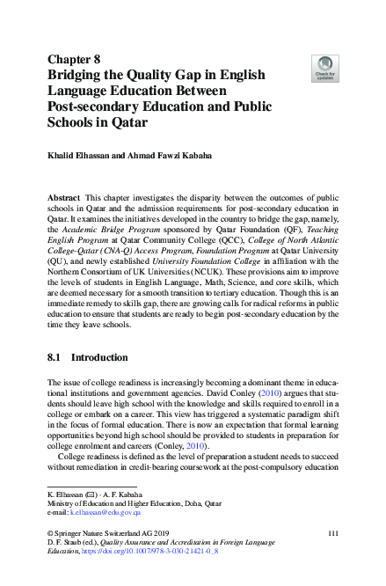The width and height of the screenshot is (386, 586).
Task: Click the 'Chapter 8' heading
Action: (76, 59)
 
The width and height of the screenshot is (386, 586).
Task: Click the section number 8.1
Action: (54, 358)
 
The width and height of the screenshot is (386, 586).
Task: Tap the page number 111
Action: (332, 535)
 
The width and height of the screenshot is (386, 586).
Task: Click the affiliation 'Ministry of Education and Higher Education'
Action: (116, 502)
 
